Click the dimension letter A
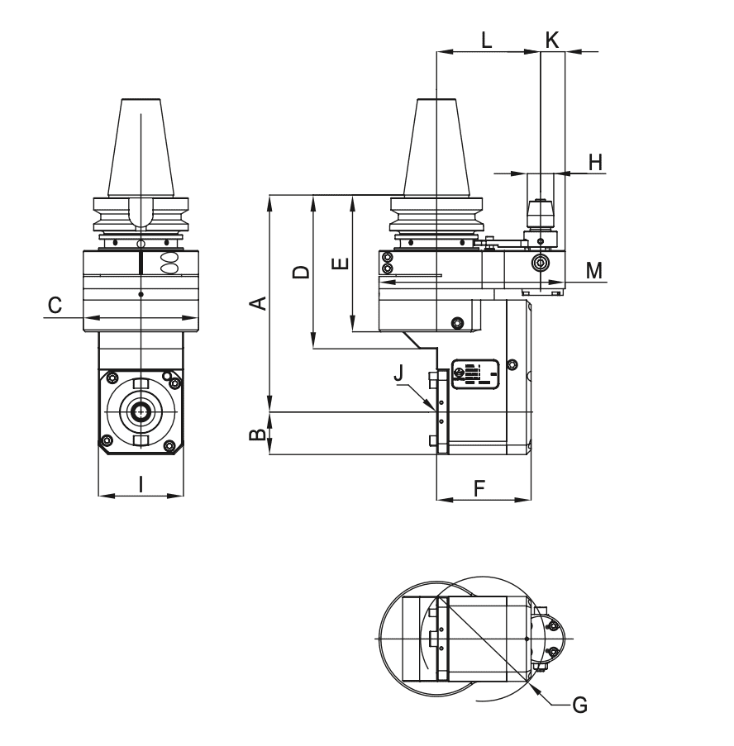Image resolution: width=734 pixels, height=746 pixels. pos(259,302)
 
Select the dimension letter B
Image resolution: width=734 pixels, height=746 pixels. pos(259,434)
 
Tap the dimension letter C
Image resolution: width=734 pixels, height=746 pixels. pos(55,305)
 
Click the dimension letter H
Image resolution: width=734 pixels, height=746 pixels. pos(594,162)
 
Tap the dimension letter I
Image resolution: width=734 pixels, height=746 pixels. pos(141,484)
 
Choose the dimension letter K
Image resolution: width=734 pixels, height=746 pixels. pos(552,39)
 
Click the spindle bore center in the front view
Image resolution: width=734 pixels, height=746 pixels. pos(141,408)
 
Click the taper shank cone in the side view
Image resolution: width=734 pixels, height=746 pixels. pos(435,149)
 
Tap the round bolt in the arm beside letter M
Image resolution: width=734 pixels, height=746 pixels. pos(540,264)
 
